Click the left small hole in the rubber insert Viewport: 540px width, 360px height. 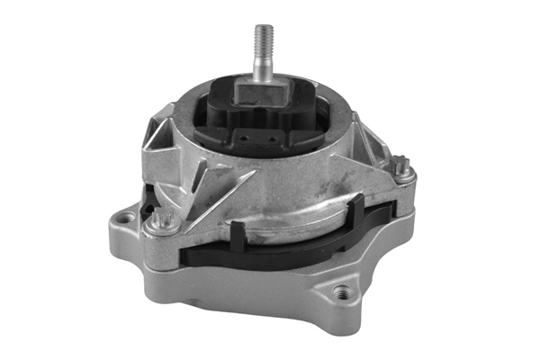(x=244, y=139)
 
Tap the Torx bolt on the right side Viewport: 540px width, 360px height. (x=402, y=165)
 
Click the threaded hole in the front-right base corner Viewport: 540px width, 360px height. (x=341, y=292)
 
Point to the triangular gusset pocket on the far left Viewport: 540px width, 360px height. (x=162, y=135)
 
